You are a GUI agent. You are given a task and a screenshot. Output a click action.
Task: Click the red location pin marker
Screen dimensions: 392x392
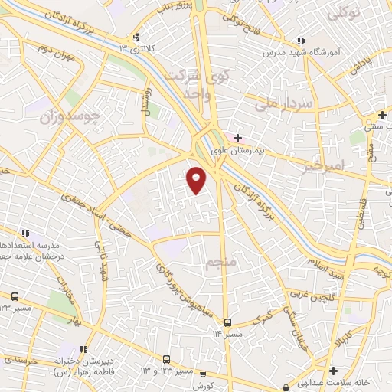point(197,179)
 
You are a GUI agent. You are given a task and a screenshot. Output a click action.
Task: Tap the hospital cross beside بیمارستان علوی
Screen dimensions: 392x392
point(238,139)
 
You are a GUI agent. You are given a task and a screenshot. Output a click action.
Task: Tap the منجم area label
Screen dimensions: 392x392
point(223,264)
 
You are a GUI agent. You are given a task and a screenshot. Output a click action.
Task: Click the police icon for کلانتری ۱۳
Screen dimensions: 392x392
point(136,37)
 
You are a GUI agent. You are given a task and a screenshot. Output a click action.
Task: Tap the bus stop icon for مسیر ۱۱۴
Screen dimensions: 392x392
point(227,322)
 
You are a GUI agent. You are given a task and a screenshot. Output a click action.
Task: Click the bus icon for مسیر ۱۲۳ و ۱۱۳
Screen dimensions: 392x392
point(166,358)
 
